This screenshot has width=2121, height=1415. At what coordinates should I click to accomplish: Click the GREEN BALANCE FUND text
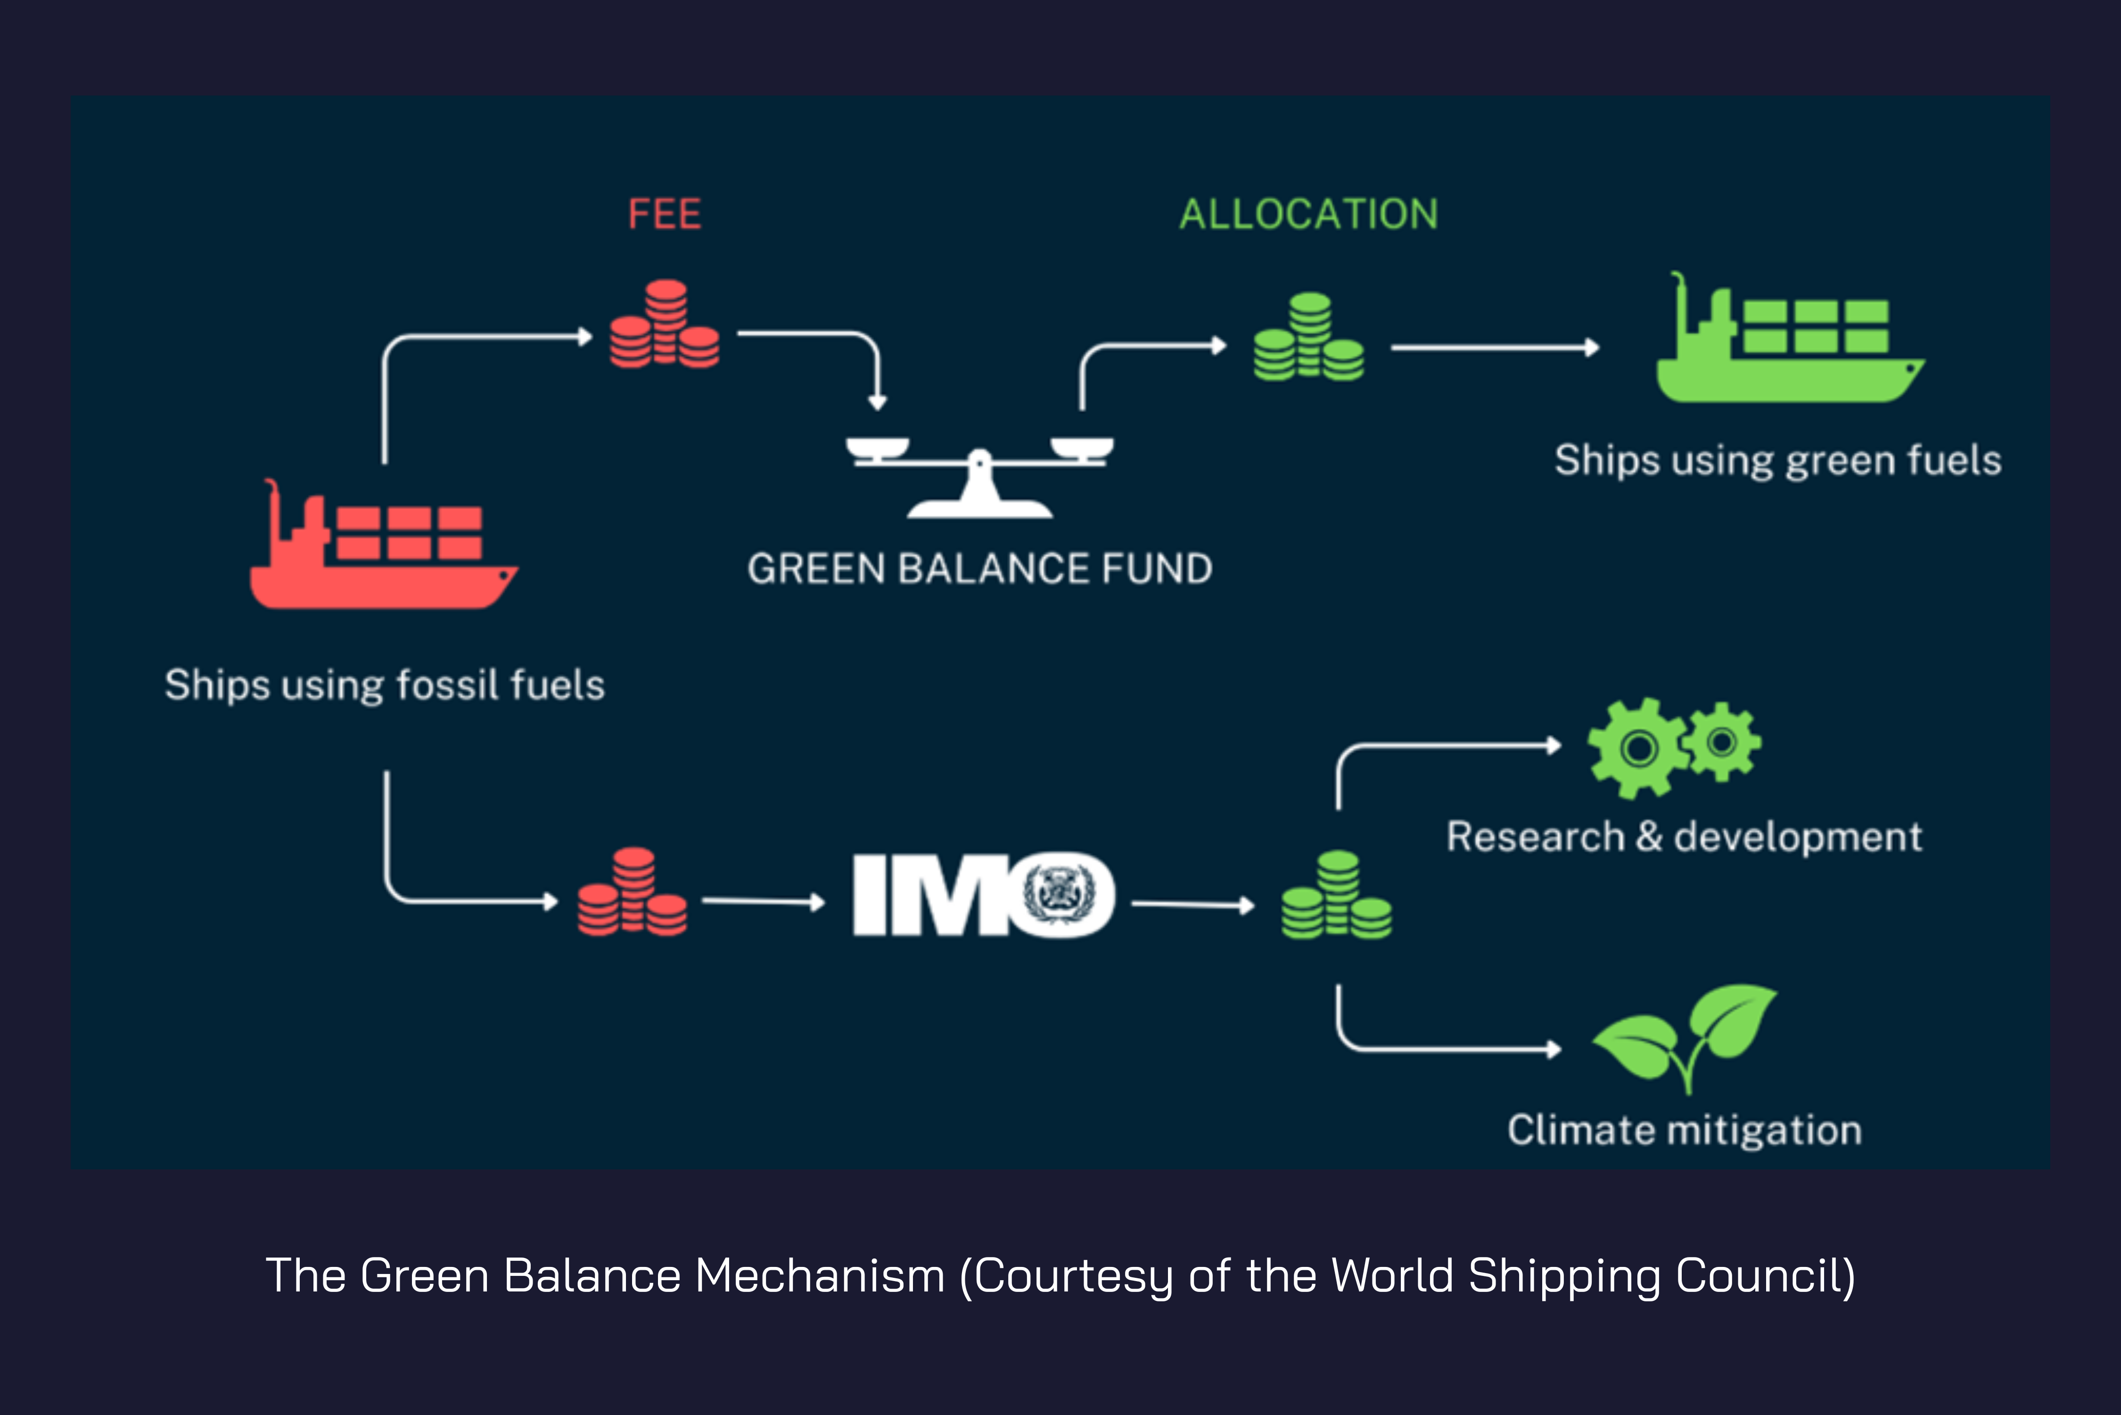[x=980, y=569]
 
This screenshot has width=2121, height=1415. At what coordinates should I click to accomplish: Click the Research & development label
[x=1684, y=836]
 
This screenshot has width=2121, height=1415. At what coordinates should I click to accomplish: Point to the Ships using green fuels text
[x=1777, y=460]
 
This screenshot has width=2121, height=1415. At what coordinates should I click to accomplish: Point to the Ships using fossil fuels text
[x=384, y=685]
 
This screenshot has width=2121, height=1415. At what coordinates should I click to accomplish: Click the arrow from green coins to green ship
[x=1494, y=348]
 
